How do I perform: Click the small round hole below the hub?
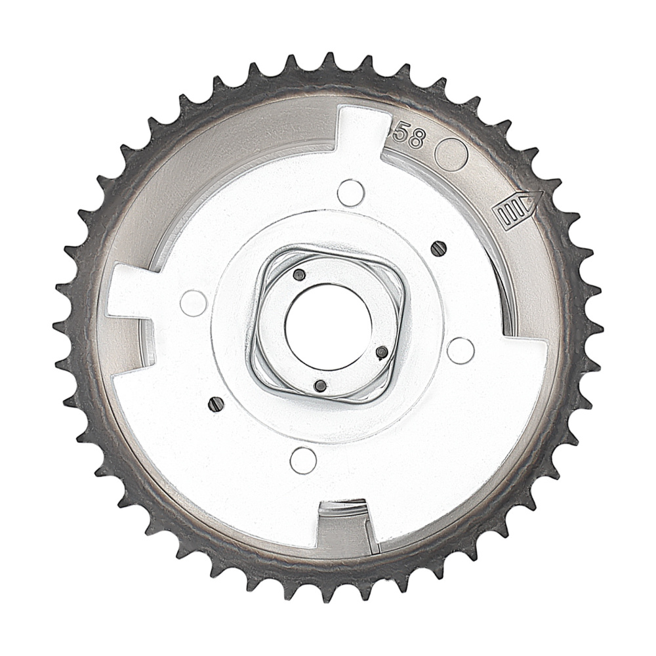tap(303, 459)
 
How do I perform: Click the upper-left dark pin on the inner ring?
tap(299, 274)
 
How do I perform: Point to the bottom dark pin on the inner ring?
tap(320, 386)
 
